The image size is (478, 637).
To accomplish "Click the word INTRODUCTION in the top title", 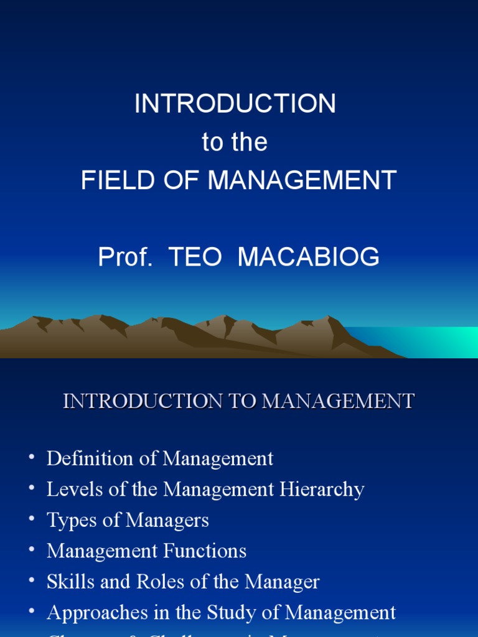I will click(x=235, y=104).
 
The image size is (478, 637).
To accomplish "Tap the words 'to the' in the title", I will click(x=235, y=142).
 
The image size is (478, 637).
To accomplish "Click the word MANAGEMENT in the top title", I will click(x=302, y=180).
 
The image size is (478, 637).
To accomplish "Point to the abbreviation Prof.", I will click(x=125, y=256).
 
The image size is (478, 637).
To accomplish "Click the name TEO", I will click(x=195, y=256).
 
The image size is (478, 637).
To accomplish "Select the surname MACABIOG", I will click(x=309, y=256).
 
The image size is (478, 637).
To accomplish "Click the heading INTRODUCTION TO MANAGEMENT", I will click(x=238, y=401).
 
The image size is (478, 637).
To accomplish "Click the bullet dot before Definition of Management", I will click(x=32, y=458).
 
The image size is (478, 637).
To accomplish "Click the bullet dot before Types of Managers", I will click(x=32, y=519).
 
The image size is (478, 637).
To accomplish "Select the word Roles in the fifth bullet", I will click(x=142, y=582).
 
